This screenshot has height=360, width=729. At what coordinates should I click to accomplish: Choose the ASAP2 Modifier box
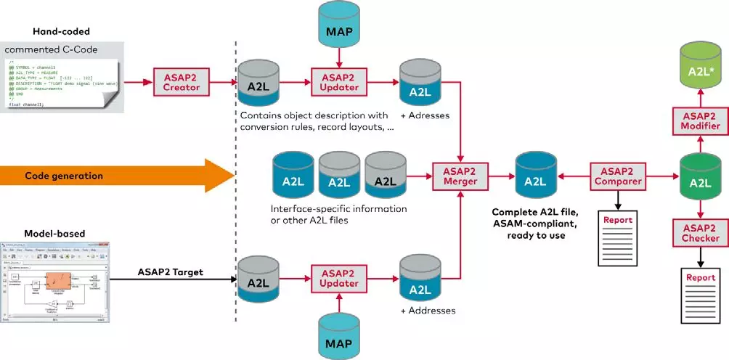pyautogui.click(x=700, y=120)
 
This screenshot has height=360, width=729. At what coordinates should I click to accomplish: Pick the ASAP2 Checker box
pyautogui.click(x=700, y=232)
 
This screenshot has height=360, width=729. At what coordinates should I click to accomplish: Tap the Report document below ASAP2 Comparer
pyautogui.click(x=617, y=237)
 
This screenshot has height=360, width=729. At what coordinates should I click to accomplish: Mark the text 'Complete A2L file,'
pyautogui.click(x=534, y=211)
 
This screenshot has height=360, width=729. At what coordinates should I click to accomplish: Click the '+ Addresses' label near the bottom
pyautogui.click(x=428, y=311)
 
